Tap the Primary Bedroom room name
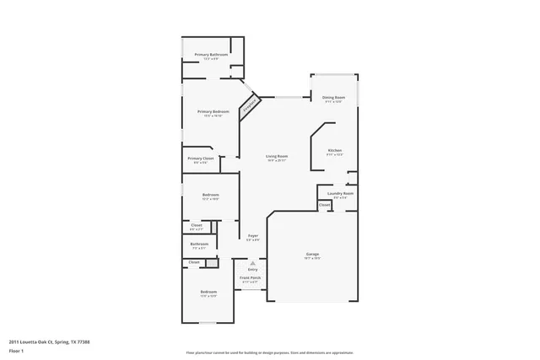213,112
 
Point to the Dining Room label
334,98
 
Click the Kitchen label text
335,151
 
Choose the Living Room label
277,156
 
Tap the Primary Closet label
200,159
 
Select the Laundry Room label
341,193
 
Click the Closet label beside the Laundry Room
324,204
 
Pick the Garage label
311,253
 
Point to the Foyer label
252,235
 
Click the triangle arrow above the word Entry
252,262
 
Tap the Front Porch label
250,277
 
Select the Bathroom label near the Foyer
199,244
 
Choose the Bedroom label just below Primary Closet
210,196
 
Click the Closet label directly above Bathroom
196,225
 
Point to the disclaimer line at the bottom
270,352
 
